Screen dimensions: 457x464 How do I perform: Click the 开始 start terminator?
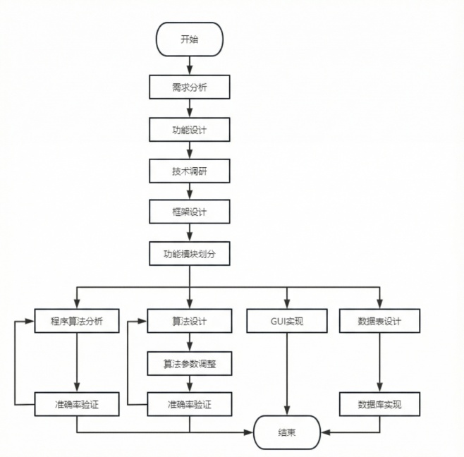pyautogui.click(x=190, y=39)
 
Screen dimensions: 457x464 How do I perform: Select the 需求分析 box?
pyautogui.click(x=190, y=87)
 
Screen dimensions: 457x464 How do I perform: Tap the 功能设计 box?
pyautogui.click(x=190, y=130)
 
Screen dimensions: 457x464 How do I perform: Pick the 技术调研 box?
pyautogui.click(x=190, y=171)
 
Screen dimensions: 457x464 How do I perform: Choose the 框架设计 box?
pyautogui.click(x=190, y=212)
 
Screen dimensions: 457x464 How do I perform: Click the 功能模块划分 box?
pyautogui.click(x=190, y=253)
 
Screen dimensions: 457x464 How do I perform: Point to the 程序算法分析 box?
pyautogui.click(x=77, y=322)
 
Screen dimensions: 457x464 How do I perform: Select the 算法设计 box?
pyautogui.click(x=190, y=322)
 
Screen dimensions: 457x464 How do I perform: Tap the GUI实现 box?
pyautogui.click(x=287, y=322)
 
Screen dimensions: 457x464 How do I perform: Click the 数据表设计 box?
pyautogui.click(x=379, y=322)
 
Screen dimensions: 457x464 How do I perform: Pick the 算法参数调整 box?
pyautogui.click(x=190, y=363)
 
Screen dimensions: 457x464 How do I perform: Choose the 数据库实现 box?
pyautogui.click(x=379, y=405)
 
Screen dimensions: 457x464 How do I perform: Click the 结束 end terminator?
pyautogui.click(x=287, y=432)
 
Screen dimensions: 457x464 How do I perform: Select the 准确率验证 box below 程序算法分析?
pyautogui.click(x=77, y=405)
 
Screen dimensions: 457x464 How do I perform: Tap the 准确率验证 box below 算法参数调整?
pyautogui.click(x=190, y=405)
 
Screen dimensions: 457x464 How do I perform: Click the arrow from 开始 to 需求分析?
pyautogui.click(x=190, y=66)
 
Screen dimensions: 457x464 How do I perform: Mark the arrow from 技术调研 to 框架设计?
pyautogui.click(x=190, y=191)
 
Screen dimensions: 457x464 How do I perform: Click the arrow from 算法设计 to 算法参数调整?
pyautogui.click(x=190, y=342)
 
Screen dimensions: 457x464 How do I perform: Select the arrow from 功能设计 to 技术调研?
pyautogui.click(x=190, y=150)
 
